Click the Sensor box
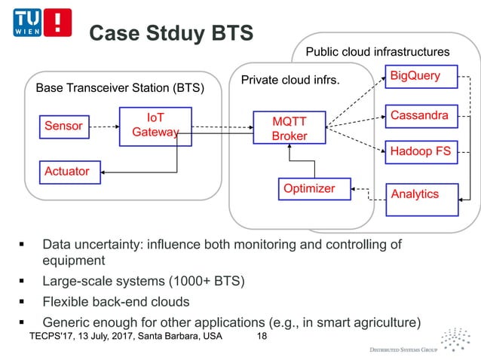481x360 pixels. pos(64,126)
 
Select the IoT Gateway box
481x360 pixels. pos(155,126)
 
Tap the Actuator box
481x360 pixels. pos(67,172)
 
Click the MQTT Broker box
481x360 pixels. pos(290,128)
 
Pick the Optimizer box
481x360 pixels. pos(308,189)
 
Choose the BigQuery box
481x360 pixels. pos(415,76)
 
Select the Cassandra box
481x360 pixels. pos(420,115)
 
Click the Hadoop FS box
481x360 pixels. pos(420,152)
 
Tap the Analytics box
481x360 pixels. pos(415,194)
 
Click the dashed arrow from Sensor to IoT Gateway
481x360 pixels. pos(105,127)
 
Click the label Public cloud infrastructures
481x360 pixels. pos(377,52)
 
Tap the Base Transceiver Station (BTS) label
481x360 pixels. pos(120,88)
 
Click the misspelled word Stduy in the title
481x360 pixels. pos(174,32)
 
